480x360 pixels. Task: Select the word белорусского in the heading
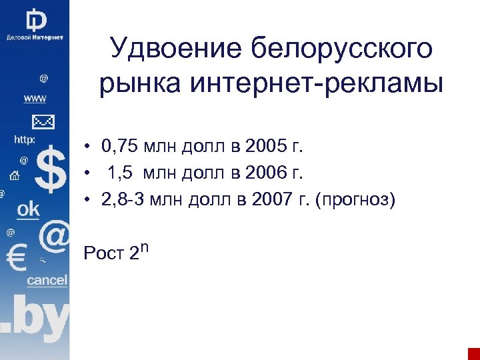(x=342, y=49)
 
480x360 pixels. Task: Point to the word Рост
(x=103, y=253)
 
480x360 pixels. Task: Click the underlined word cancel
(x=47, y=280)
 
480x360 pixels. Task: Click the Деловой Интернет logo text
(x=35, y=37)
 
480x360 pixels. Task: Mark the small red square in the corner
(x=473, y=353)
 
